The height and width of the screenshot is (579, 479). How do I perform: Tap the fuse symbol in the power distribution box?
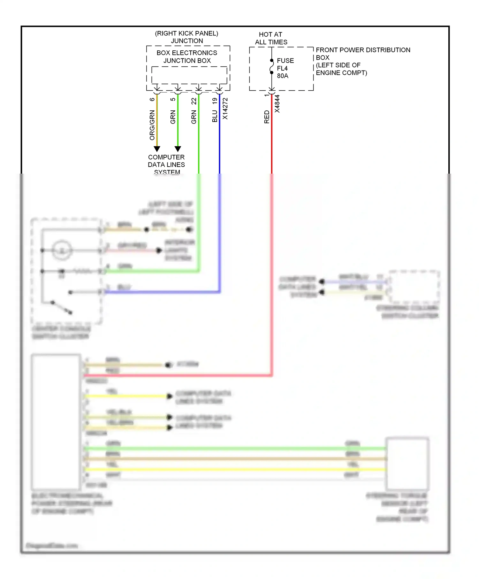click(x=272, y=66)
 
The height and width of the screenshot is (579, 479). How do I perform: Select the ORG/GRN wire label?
click(x=152, y=125)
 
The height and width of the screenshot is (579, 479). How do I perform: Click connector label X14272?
click(x=225, y=109)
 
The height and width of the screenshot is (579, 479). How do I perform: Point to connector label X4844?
click(x=277, y=104)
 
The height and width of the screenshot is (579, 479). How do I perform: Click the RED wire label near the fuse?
click(x=267, y=117)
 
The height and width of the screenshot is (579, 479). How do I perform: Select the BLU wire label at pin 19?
click(x=215, y=116)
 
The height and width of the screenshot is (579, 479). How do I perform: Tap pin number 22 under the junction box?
click(x=194, y=101)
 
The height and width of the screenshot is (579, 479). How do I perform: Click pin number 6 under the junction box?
click(x=152, y=99)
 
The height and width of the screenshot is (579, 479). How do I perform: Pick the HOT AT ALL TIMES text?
click(x=271, y=38)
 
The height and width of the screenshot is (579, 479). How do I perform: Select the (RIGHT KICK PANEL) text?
click(x=186, y=34)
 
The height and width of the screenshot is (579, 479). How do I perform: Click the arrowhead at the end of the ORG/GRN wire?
click(x=157, y=149)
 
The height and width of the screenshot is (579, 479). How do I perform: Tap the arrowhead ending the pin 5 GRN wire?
click(x=178, y=149)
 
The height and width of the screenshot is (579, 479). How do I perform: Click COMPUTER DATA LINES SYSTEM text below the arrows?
click(x=166, y=164)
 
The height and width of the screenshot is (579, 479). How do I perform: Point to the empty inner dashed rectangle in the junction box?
click(x=189, y=75)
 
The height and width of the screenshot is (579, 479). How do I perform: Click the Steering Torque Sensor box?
click(x=407, y=464)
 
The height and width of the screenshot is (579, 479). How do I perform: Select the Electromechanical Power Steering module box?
click(x=56, y=421)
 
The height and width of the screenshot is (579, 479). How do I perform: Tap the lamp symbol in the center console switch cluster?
click(x=62, y=250)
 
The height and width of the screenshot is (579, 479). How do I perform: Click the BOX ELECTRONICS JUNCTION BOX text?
click(x=187, y=56)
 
